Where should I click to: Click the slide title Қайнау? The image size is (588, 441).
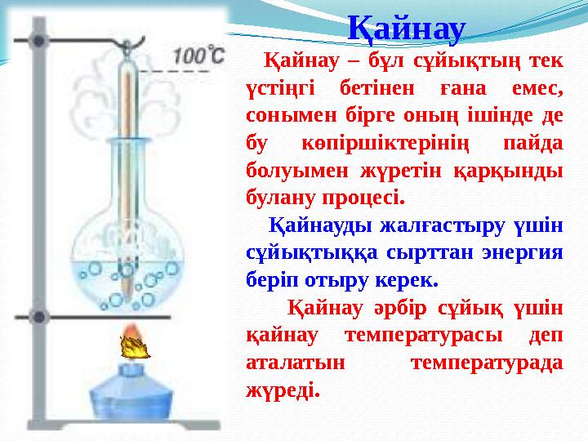(406, 29)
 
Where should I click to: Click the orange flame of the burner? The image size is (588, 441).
(135, 345)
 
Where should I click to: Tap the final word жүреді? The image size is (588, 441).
(282, 390)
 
